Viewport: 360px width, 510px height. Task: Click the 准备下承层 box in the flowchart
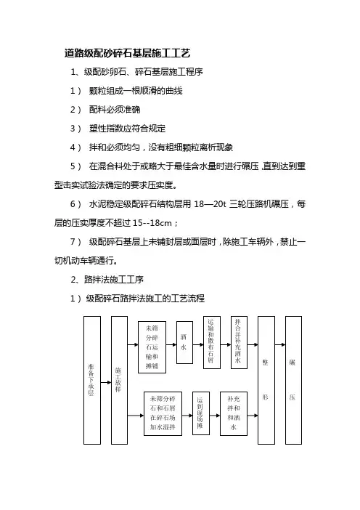point(92,380)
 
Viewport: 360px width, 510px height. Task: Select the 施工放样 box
point(119,380)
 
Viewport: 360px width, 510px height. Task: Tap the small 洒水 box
point(184,342)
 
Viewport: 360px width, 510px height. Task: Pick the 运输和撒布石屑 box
point(212,342)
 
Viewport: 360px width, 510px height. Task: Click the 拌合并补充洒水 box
point(239,342)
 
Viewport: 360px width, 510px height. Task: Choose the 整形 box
point(266,380)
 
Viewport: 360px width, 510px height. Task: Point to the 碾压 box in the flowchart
point(293,380)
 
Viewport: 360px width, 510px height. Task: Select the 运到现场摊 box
point(201,413)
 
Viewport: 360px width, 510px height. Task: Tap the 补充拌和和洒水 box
point(234,413)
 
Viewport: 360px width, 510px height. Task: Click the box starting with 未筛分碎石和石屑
point(163,413)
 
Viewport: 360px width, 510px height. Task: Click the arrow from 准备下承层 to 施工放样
point(106,382)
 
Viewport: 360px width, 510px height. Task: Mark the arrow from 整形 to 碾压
point(280,345)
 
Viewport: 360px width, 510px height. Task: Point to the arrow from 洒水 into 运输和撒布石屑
point(198,345)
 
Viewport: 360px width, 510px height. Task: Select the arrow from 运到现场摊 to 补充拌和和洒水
point(215,416)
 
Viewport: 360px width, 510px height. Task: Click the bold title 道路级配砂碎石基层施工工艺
point(127,53)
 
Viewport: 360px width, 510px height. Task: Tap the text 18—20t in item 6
point(210,204)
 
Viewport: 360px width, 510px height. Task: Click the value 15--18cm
point(152,223)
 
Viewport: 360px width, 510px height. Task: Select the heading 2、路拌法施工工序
point(107,280)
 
